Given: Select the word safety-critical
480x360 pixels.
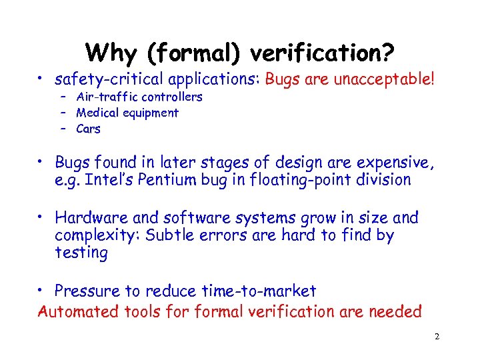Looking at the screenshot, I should pyautogui.click(x=109, y=80).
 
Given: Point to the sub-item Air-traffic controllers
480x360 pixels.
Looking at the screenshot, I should pyautogui.click(x=139, y=97).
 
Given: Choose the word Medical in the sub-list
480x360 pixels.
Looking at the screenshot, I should pyautogui.click(x=98, y=113).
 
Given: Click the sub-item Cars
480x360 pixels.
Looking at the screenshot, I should pyautogui.click(x=89, y=129).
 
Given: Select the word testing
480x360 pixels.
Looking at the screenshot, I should pyautogui.click(x=81, y=253).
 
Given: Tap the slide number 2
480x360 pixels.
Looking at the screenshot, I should pyautogui.click(x=437, y=337).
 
